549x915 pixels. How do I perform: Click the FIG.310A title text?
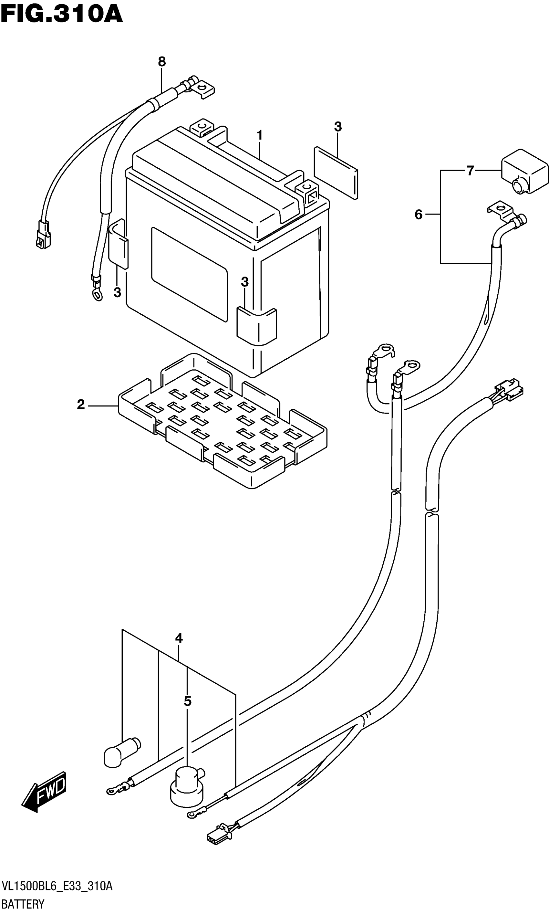click(x=61, y=15)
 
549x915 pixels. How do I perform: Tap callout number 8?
click(x=162, y=62)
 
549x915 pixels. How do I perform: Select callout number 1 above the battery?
click(x=260, y=135)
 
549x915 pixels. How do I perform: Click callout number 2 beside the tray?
click(x=81, y=405)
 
